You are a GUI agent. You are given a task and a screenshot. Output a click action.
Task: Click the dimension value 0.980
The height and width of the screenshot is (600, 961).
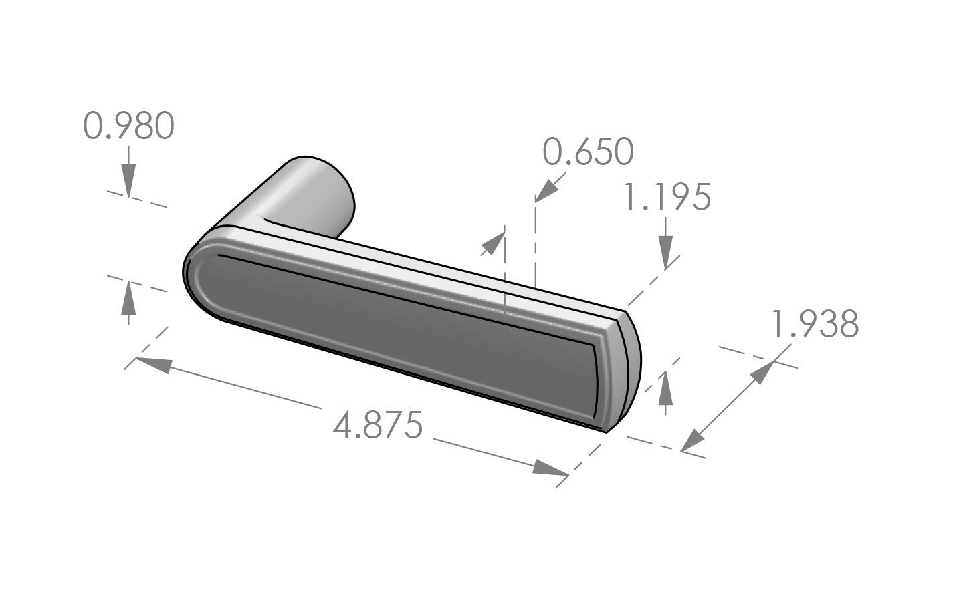pos(129,126)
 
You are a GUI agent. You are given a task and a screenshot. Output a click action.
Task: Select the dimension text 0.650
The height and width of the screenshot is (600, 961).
pos(587,152)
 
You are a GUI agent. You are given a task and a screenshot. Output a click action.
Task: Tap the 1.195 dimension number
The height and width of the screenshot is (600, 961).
pos(666,198)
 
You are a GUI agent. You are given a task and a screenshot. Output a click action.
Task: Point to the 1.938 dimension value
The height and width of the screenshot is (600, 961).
pos(815,325)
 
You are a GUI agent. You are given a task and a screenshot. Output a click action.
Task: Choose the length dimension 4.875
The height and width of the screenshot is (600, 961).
pos(379,426)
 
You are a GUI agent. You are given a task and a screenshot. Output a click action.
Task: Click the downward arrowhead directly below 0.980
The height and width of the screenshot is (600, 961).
pos(129,182)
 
